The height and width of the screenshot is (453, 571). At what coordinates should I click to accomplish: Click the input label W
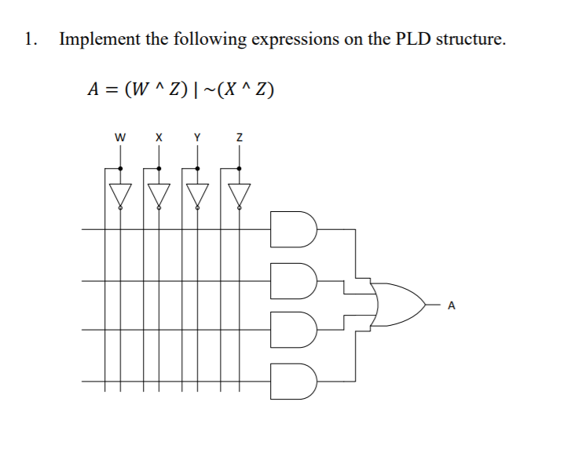tap(119, 137)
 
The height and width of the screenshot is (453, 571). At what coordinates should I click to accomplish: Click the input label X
tap(159, 137)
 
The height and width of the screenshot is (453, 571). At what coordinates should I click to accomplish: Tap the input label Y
tap(198, 137)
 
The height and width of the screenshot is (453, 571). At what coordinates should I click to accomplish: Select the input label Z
tap(239, 137)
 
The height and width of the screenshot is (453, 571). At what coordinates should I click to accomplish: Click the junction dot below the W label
tap(120, 167)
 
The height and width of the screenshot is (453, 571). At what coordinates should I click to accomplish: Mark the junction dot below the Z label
tap(239, 167)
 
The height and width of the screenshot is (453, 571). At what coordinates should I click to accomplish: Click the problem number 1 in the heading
tap(29, 39)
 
